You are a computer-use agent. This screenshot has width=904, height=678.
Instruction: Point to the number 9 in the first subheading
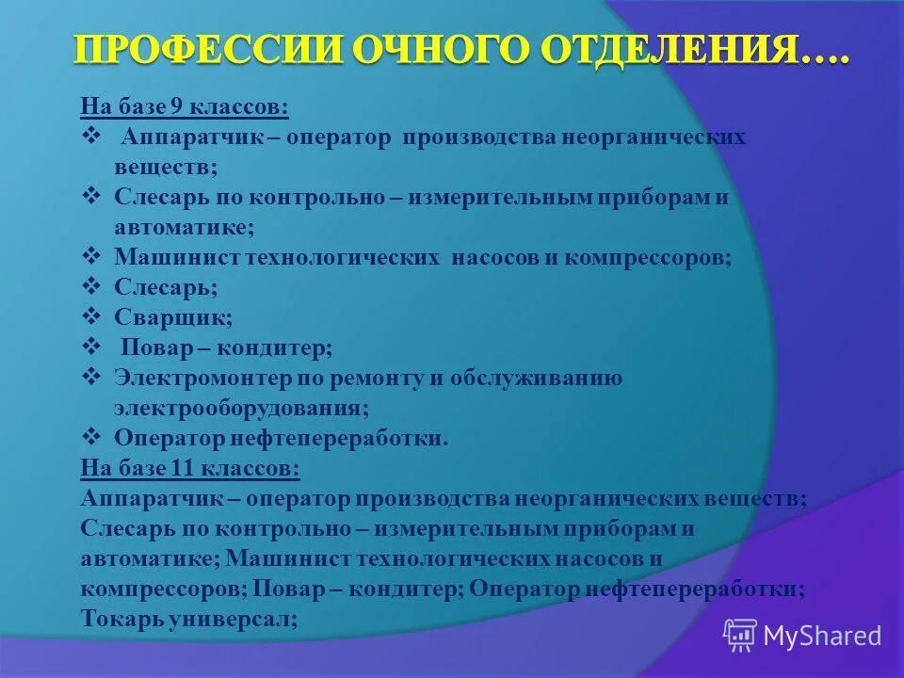tap(176, 107)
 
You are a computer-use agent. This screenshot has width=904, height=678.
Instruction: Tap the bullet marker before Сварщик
tap(91, 317)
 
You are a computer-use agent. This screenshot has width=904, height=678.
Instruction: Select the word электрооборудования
tap(241, 409)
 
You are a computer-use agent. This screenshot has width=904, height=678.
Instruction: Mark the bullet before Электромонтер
tap(91, 378)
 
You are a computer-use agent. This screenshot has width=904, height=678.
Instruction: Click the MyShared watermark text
tap(822, 636)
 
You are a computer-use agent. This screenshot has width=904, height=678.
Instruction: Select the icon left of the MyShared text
tap(740, 635)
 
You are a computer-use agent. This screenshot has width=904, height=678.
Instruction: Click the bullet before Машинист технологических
tap(91, 256)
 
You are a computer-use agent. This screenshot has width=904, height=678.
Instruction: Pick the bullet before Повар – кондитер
tap(91, 347)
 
